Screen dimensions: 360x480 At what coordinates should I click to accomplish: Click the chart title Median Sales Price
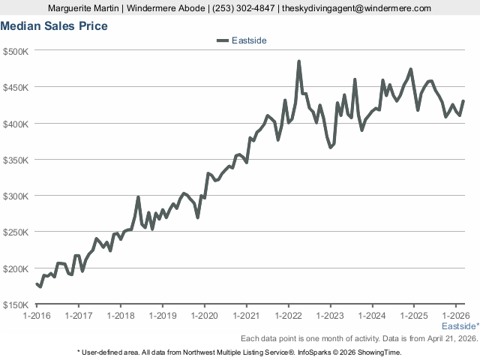pos(54,26)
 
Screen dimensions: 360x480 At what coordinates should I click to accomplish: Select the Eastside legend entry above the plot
pos(241,40)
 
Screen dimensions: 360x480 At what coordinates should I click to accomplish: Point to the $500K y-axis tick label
pos(16,51)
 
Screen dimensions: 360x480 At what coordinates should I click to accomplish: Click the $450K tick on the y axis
pos(16,87)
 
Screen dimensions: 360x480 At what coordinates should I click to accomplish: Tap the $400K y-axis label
pos(16,124)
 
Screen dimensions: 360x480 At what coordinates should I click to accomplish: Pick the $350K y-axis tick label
pos(16,160)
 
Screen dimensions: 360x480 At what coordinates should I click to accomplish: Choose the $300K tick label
pos(16,196)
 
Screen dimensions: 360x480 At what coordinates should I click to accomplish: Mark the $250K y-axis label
pos(16,232)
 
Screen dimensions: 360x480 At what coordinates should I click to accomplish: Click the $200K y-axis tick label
pos(16,268)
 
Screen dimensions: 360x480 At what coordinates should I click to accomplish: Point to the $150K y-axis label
pos(16,304)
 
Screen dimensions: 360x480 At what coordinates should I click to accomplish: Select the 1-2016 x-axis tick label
pos(37,316)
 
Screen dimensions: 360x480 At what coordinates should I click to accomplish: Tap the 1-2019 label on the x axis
pos(163,316)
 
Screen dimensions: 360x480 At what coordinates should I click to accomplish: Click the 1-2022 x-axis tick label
pos(289,316)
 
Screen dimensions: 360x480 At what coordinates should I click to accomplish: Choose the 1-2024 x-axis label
pos(373,316)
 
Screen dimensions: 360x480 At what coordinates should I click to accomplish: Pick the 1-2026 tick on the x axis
pos(457,316)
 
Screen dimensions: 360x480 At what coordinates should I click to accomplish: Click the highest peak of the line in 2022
pos(299,61)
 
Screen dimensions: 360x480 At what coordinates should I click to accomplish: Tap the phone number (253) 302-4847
pos(242,8)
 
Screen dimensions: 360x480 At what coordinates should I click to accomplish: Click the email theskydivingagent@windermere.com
pos(356,8)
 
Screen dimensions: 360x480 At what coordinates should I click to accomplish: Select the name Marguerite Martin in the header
pos(82,8)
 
